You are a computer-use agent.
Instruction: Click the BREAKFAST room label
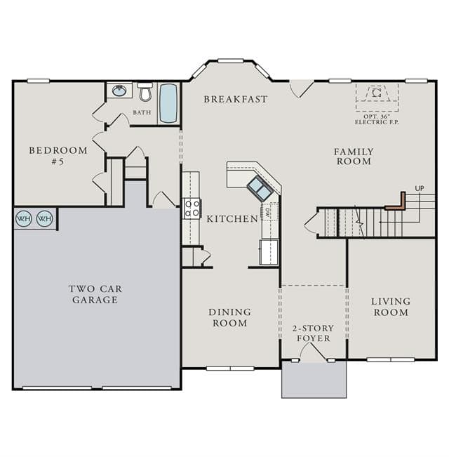(x=235, y=100)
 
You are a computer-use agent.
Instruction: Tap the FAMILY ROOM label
(x=354, y=157)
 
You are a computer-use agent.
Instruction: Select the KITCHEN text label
(x=232, y=219)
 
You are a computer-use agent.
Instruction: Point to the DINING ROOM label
(x=229, y=318)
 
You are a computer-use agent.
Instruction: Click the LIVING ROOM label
(x=391, y=307)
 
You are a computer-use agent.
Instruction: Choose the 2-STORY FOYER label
(x=313, y=333)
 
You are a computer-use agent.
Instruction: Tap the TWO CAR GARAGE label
(x=95, y=294)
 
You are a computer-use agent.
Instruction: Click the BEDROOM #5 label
(x=58, y=156)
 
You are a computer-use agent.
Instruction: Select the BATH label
(x=142, y=112)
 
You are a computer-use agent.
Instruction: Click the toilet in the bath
(x=145, y=91)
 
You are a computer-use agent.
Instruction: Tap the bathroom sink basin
(x=119, y=91)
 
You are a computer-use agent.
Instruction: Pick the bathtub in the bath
(x=168, y=103)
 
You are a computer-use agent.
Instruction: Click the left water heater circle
(x=24, y=218)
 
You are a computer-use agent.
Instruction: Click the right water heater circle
(x=45, y=218)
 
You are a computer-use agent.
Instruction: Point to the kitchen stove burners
(x=192, y=208)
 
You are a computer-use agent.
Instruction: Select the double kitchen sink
(x=260, y=188)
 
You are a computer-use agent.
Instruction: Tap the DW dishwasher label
(x=267, y=213)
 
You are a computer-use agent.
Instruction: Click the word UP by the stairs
(x=420, y=189)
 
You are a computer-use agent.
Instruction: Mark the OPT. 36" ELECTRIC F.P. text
(x=377, y=119)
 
